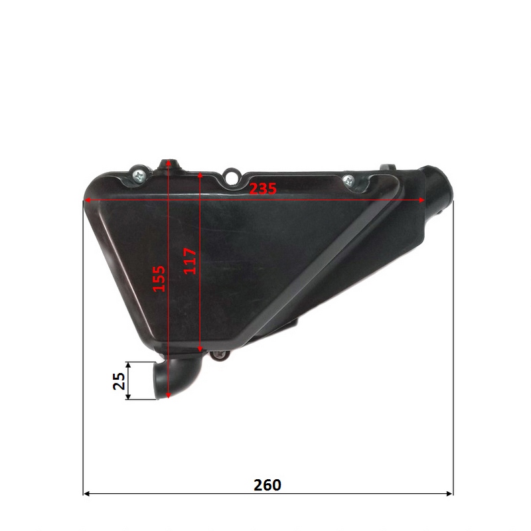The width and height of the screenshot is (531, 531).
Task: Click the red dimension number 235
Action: (263, 189)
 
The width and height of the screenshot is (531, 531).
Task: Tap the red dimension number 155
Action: (159, 279)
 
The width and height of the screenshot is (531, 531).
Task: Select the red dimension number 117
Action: (190, 261)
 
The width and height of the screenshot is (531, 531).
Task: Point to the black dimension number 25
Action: (119, 381)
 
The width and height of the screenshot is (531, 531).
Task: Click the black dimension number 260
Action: (267, 485)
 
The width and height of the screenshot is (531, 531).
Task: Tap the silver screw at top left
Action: (139, 175)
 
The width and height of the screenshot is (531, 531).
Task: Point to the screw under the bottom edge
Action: (220, 355)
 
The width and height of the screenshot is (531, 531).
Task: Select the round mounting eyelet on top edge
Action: (231, 176)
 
